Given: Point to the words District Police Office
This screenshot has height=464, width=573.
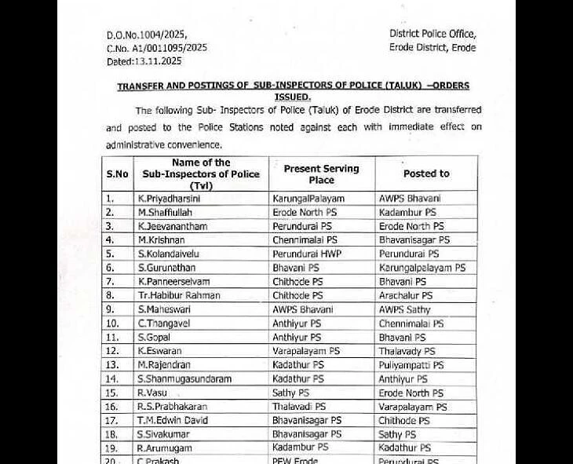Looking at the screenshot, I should click(x=432, y=34).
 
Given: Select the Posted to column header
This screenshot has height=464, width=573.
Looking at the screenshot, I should click(x=426, y=174).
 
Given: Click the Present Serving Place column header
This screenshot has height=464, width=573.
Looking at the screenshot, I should click(x=321, y=174).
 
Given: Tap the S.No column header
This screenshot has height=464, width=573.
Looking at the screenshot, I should click(x=117, y=174).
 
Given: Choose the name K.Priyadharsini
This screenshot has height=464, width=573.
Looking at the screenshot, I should click(x=169, y=199).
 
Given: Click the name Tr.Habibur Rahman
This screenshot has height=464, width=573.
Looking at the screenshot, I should click(x=178, y=295).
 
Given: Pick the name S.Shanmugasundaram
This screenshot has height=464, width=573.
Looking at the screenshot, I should click(x=184, y=378).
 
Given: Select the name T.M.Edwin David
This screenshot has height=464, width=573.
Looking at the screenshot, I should click(x=173, y=420).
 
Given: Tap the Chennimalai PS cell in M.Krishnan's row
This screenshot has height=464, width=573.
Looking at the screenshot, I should click(x=305, y=239).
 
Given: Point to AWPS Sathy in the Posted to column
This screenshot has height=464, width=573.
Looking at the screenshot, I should click(x=405, y=309).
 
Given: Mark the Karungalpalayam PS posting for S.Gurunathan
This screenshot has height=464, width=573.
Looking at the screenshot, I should click(x=422, y=268).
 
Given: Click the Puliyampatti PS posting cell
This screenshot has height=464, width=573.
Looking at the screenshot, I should click(x=411, y=365).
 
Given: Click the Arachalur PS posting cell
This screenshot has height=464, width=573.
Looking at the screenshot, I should click(x=405, y=295).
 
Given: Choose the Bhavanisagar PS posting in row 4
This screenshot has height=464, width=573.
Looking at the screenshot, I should click(x=414, y=239).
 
